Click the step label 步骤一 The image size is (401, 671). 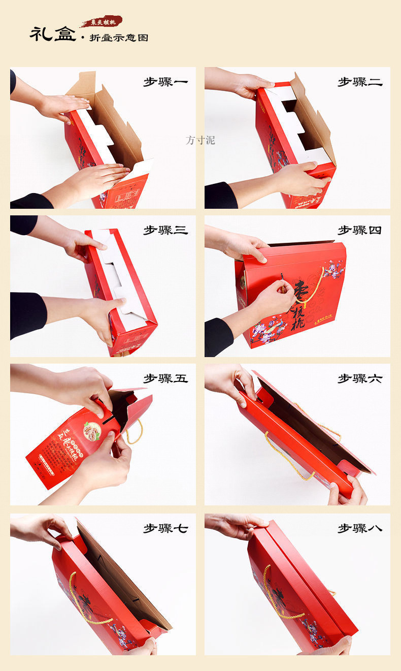pos(165,82)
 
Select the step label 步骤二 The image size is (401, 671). pos(360,82)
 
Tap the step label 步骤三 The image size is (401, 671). pos(165,230)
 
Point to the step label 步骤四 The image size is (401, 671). pos(360,230)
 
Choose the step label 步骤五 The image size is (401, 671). pos(165,378)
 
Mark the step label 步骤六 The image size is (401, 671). pos(360,378)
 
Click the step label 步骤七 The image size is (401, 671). pos(165,528)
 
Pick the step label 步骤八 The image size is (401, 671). pos(360,528)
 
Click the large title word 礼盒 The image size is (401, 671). pos(52,34)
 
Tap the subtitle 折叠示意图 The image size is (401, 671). pos(119,38)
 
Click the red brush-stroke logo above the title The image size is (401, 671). pos(103,22)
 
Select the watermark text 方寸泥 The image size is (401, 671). pos(200,140)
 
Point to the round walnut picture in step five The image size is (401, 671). pos(92,431)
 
